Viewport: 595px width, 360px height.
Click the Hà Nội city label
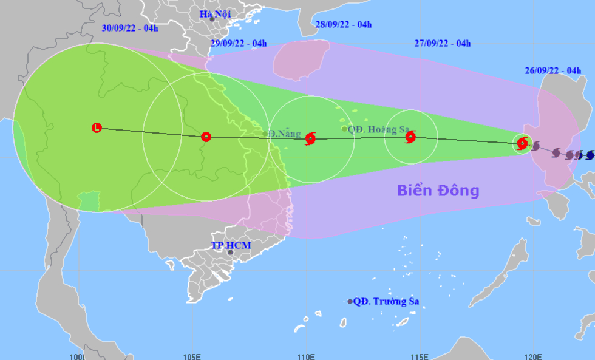point(215,13)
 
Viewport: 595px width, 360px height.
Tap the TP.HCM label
point(231,245)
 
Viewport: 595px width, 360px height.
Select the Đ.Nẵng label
point(285,134)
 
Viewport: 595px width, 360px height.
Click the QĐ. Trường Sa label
point(386,301)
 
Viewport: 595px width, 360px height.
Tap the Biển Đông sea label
point(438,191)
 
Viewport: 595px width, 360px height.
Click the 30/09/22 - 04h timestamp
point(129,28)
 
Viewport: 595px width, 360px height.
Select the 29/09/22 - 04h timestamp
point(239,43)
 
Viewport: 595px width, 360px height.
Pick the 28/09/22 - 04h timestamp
point(344,24)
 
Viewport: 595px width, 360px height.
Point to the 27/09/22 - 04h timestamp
point(443,43)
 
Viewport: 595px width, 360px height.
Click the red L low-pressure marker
point(97,127)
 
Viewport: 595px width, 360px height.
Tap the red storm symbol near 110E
point(310,138)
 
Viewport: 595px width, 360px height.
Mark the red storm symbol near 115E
point(410,137)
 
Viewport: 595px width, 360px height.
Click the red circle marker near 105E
point(206,137)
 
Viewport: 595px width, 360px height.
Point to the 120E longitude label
point(533,356)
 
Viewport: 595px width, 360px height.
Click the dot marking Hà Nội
point(212,19)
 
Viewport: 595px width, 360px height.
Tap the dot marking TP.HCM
point(230,252)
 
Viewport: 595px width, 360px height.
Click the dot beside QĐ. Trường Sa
point(350,301)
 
